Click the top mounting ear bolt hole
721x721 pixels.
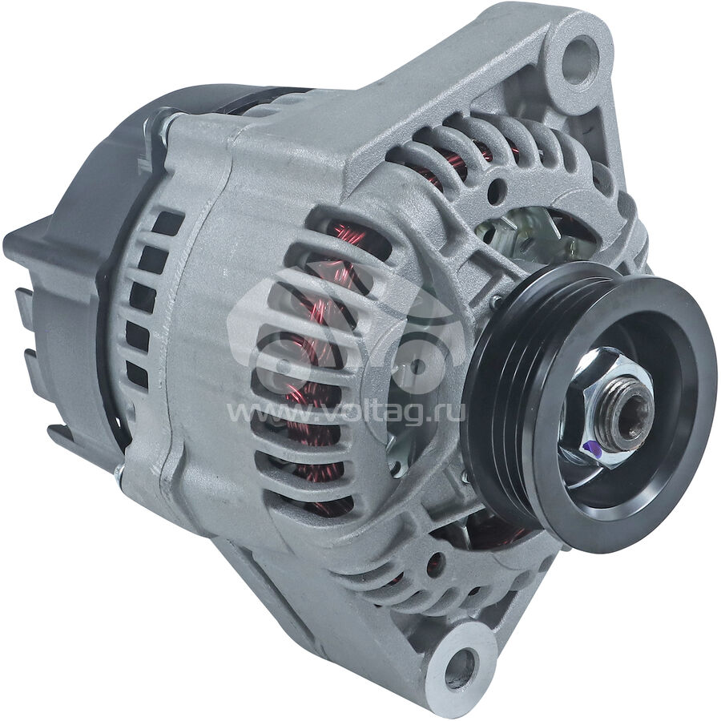click(581, 54)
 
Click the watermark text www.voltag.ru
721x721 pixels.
click(346, 412)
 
